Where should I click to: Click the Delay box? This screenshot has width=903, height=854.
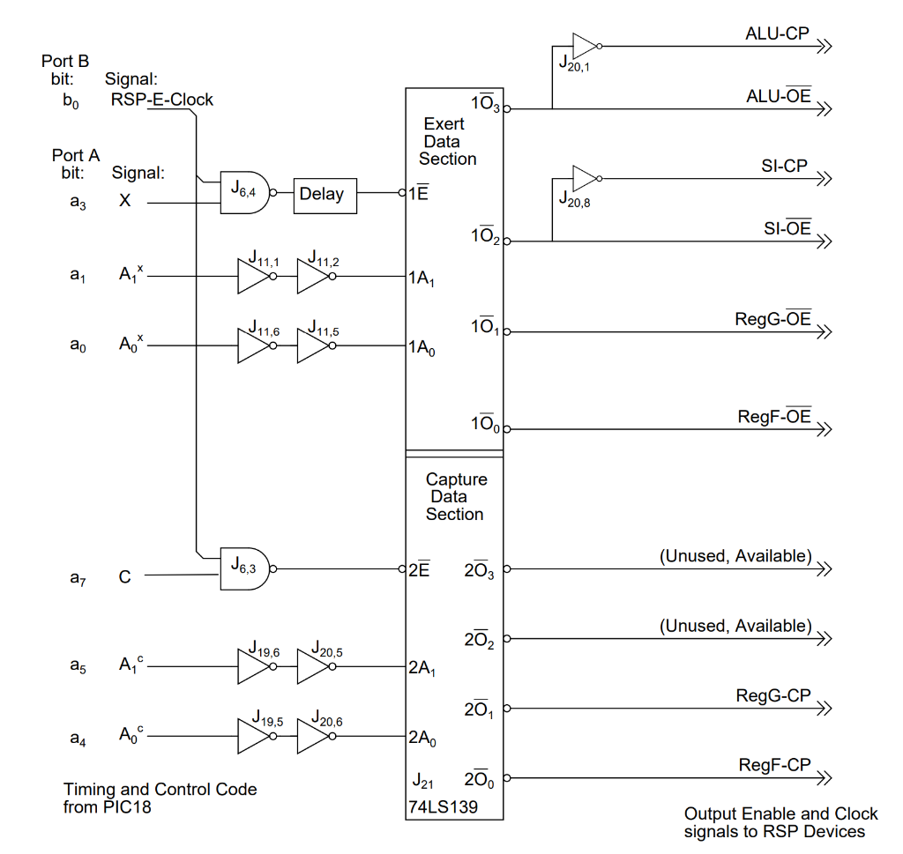pyautogui.click(x=325, y=194)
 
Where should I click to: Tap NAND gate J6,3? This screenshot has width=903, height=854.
pyautogui.click(x=244, y=565)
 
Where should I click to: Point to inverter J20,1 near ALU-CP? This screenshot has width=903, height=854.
pyautogui.click(x=584, y=45)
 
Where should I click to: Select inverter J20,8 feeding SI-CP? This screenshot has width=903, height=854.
pyautogui.click(x=584, y=178)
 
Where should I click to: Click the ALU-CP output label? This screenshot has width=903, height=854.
pyautogui.click(x=777, y=34)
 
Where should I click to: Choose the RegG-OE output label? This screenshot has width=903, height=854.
pyautogui.click(x=772, y=319)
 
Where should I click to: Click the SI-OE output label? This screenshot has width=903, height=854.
pyautogui.click(x=787, y=229)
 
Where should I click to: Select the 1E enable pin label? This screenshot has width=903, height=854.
pyautogui.click(x=418, y=194)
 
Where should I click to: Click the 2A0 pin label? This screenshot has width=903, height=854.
pyautogui.click(x=422, y=739)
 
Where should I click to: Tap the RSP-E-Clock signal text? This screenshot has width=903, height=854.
pyautogui.click(x=161, y=100)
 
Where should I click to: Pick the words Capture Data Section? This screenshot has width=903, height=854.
pyautogui.click(x=455, y=496)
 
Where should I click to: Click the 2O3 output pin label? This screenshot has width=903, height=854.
pyautogui.click(x=480, y=570)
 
